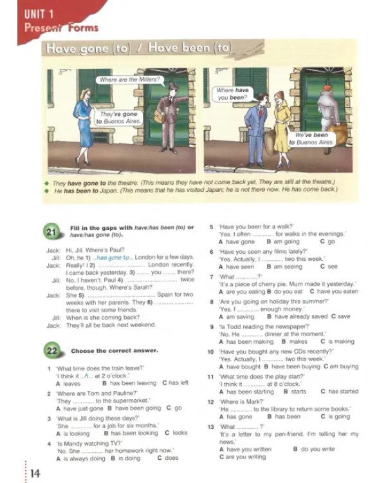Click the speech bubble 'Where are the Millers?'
[x=129, y=80]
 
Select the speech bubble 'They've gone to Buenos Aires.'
[x=117, y=117]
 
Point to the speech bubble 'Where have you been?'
[x=232, y=95]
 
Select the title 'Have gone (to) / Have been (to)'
[x=138, y=48]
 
